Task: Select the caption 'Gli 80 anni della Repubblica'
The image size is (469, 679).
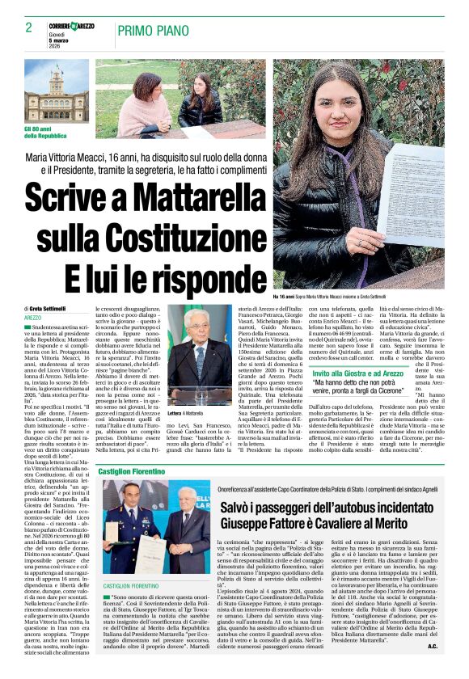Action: click(47, 133)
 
